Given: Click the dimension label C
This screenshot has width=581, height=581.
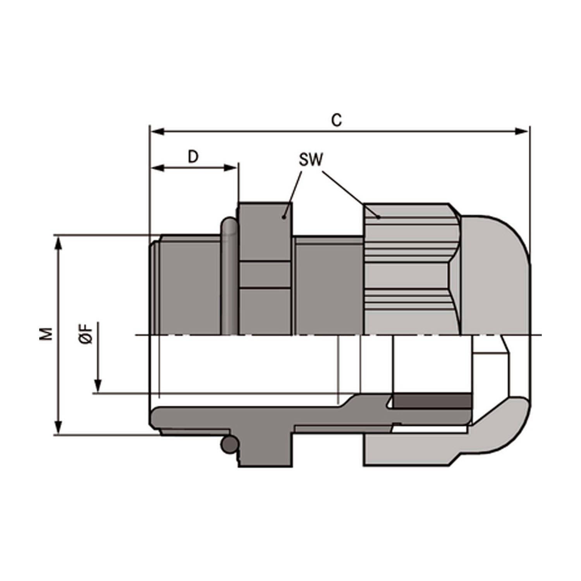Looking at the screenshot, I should click(337, 120).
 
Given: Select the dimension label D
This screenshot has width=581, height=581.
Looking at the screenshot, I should click(193, 156).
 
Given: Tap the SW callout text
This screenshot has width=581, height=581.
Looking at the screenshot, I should click(311, 160).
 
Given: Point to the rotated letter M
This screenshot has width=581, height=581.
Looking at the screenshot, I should click(46, 333).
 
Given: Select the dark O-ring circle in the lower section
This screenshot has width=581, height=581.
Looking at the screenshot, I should click(229, 445).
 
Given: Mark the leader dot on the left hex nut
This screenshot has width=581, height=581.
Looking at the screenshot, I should click(284, 217).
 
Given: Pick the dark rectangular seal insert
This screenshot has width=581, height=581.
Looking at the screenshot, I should click(432, 401).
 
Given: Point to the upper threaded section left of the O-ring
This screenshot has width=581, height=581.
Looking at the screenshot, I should click(190, 287).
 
